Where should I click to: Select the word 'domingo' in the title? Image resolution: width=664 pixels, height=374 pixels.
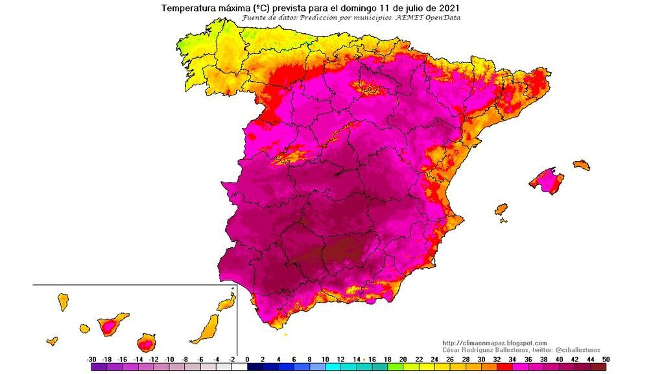367,8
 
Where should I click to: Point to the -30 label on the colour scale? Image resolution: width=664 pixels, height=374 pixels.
91,359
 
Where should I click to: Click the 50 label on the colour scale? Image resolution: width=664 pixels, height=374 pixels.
605,359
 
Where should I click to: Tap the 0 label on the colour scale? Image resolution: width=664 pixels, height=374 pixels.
246,359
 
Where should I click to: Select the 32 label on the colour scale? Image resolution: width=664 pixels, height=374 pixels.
496,359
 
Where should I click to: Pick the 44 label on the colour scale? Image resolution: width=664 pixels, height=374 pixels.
589,359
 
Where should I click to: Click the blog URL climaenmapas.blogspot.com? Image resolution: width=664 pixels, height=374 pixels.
495,343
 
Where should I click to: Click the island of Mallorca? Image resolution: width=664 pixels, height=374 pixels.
547,180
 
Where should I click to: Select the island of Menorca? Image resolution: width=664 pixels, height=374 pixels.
582,165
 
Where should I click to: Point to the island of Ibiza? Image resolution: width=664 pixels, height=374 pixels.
501,210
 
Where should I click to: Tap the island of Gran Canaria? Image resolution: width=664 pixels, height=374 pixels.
147,342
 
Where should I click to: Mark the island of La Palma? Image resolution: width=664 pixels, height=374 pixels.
63,301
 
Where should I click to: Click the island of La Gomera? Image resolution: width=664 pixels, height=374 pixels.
84,329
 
